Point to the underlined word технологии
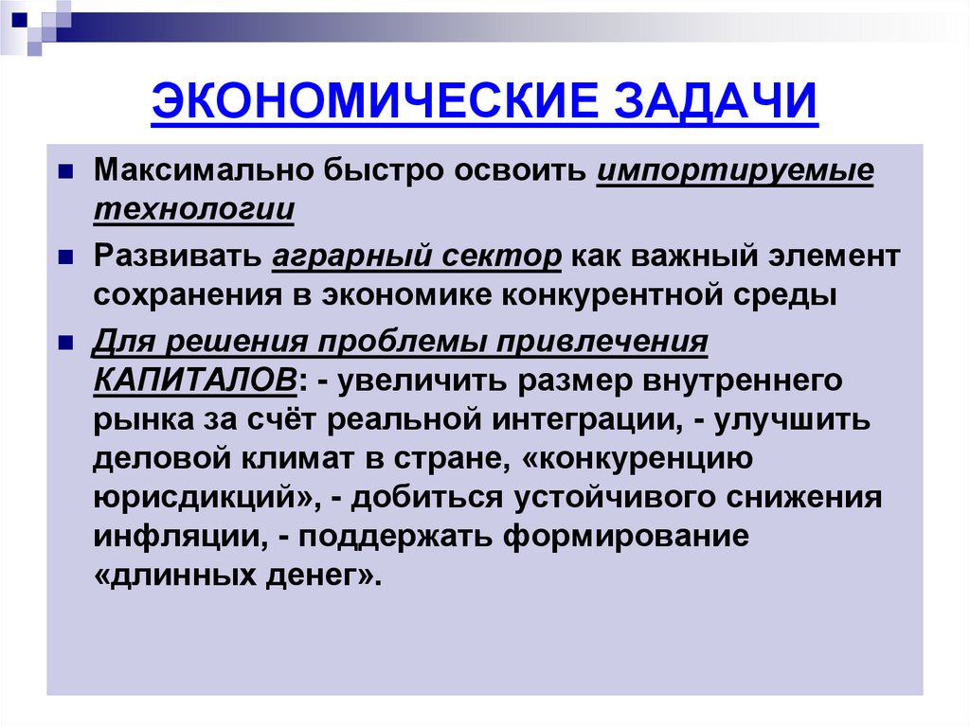(193, 210)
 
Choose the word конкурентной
(614, 294)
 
